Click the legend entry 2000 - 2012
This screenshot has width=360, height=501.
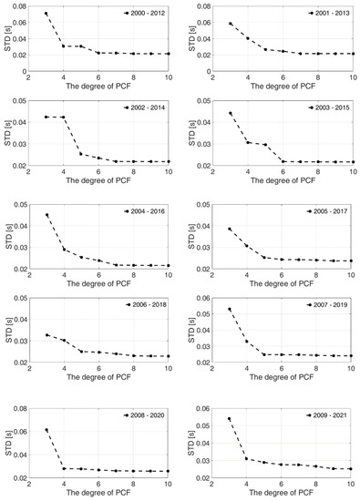pyautogui.click(x=146, y=15)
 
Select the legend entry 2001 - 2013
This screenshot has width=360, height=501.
pyautogui.click(x=326, y=15)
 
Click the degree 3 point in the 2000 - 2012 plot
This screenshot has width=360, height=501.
pyautogui.click(x=46, y=14)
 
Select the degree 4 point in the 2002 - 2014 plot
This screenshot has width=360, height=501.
pyautogui.click(x=63, y=118)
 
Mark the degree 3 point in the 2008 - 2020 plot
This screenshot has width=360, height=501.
pyautogui.click(x=46, y=430)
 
